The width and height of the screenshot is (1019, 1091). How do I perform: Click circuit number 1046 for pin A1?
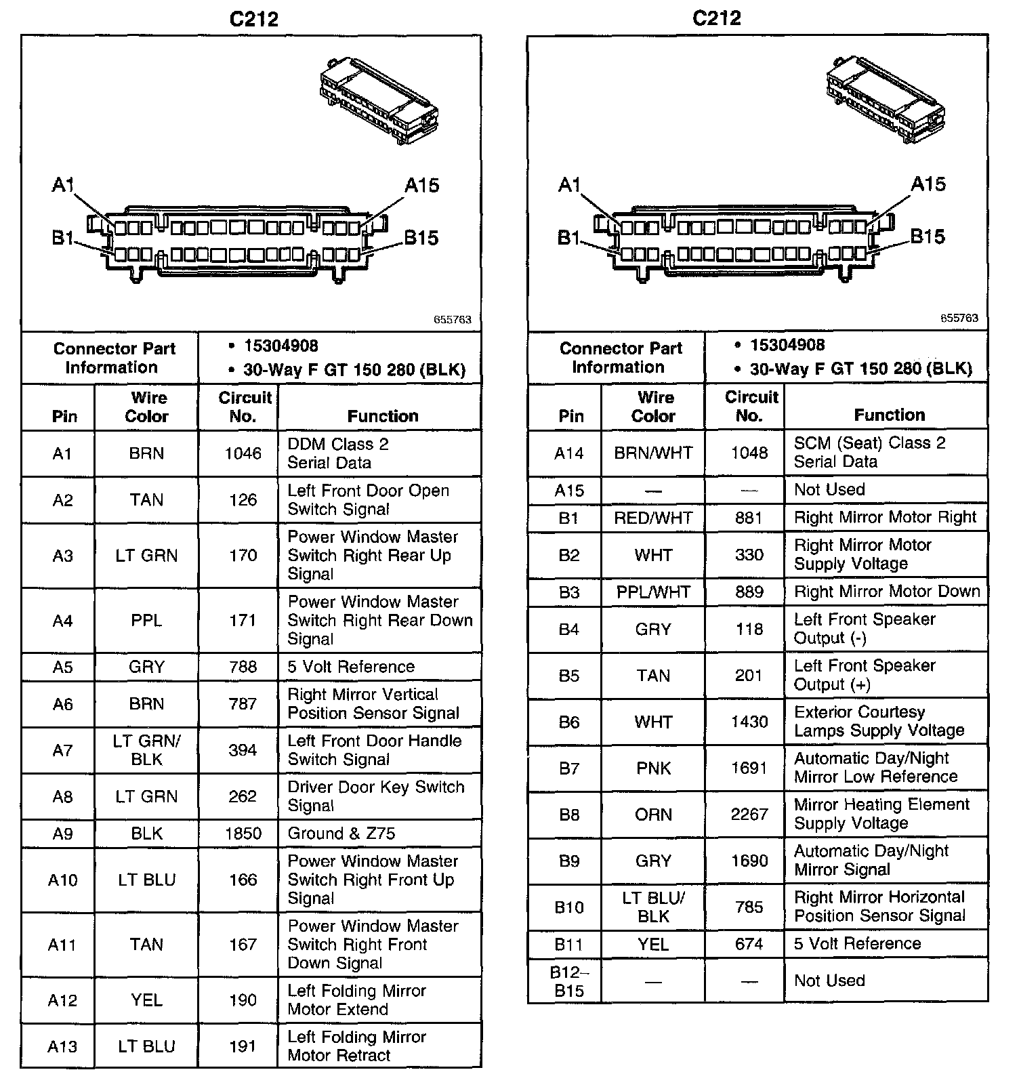pyautogui.click(x=243, y=453)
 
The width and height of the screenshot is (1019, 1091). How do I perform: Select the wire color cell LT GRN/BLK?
pyautogui.click(x=146, y=750)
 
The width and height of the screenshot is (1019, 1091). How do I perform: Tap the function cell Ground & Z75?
pyautogui.click(x=341, y=833)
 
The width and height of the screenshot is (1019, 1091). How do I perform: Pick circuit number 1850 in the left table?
pyautogui.click(x=243, y=833)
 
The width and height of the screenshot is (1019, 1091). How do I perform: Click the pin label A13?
pyautogui.click(x=62, y=1046)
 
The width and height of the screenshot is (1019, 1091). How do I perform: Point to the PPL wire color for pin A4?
pyautogui.click(x=146, y=621)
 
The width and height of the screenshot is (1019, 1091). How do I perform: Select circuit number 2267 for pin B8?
pyautogui.click(x=749, y=814)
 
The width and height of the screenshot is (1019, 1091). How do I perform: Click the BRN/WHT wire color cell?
pyautogui.click(x=653, y=453)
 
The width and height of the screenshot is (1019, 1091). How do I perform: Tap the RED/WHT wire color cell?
pyautogui.click(x=653, y=518)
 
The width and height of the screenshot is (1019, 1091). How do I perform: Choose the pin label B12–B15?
pyautogui.click(x=569, y=981)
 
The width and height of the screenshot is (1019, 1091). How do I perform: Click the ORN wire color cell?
pyautogui.click(x=653, y=814)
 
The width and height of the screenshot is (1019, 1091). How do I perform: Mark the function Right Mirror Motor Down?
pyautogui.click(x=887, y=592)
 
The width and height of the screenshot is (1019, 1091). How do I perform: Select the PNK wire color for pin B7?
pyautogui.click(x=653, y=768)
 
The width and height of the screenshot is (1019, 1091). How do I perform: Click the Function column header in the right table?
pyautogui.click(x=889, y=415)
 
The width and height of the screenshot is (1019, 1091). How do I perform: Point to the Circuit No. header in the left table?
pyautogui.click(x=244, y=407)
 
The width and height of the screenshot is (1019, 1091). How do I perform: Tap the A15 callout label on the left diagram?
pyautogui.click(x=422, y=186)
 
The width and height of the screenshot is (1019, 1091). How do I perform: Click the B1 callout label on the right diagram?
pyautogui.click(x=569, y=238)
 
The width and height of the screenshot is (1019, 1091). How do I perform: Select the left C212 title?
pyautogui.click(x=254, y=19)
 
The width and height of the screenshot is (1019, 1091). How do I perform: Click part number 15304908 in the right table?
pyautogui.click(x=787, y=345)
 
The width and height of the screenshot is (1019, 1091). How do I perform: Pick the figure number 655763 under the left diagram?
pyautogui.click(x=453, y=319)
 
